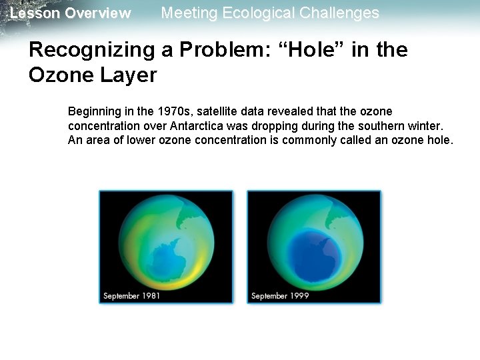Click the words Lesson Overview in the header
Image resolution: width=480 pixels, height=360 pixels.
(x=71, y=13)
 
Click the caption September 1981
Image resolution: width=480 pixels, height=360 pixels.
(x=131, y=295)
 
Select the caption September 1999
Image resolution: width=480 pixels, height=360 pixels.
(x=280, y=295)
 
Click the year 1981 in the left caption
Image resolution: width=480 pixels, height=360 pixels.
(x=150, y=295)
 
